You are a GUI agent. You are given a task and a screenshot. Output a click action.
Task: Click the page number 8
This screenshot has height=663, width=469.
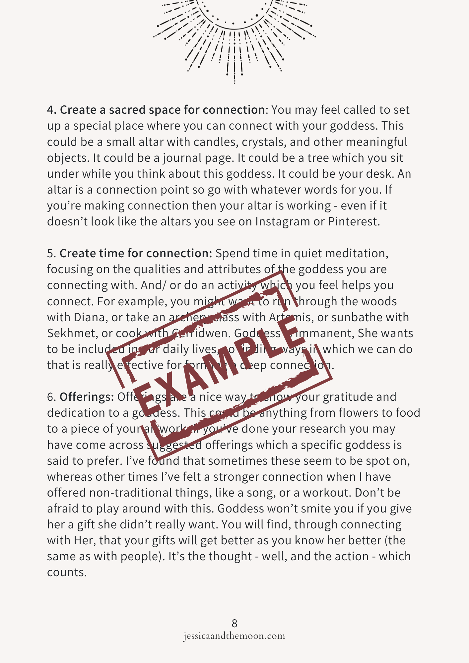234,624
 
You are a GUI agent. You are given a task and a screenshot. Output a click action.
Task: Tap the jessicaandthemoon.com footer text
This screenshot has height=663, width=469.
234,636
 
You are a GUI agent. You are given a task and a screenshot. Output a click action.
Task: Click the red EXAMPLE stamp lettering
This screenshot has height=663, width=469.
219,365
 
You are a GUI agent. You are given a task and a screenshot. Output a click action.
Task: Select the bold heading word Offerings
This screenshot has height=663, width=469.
87,397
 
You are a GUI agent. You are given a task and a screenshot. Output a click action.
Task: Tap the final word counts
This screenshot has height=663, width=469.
67,573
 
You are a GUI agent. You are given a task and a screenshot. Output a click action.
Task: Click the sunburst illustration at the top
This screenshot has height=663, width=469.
234,36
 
